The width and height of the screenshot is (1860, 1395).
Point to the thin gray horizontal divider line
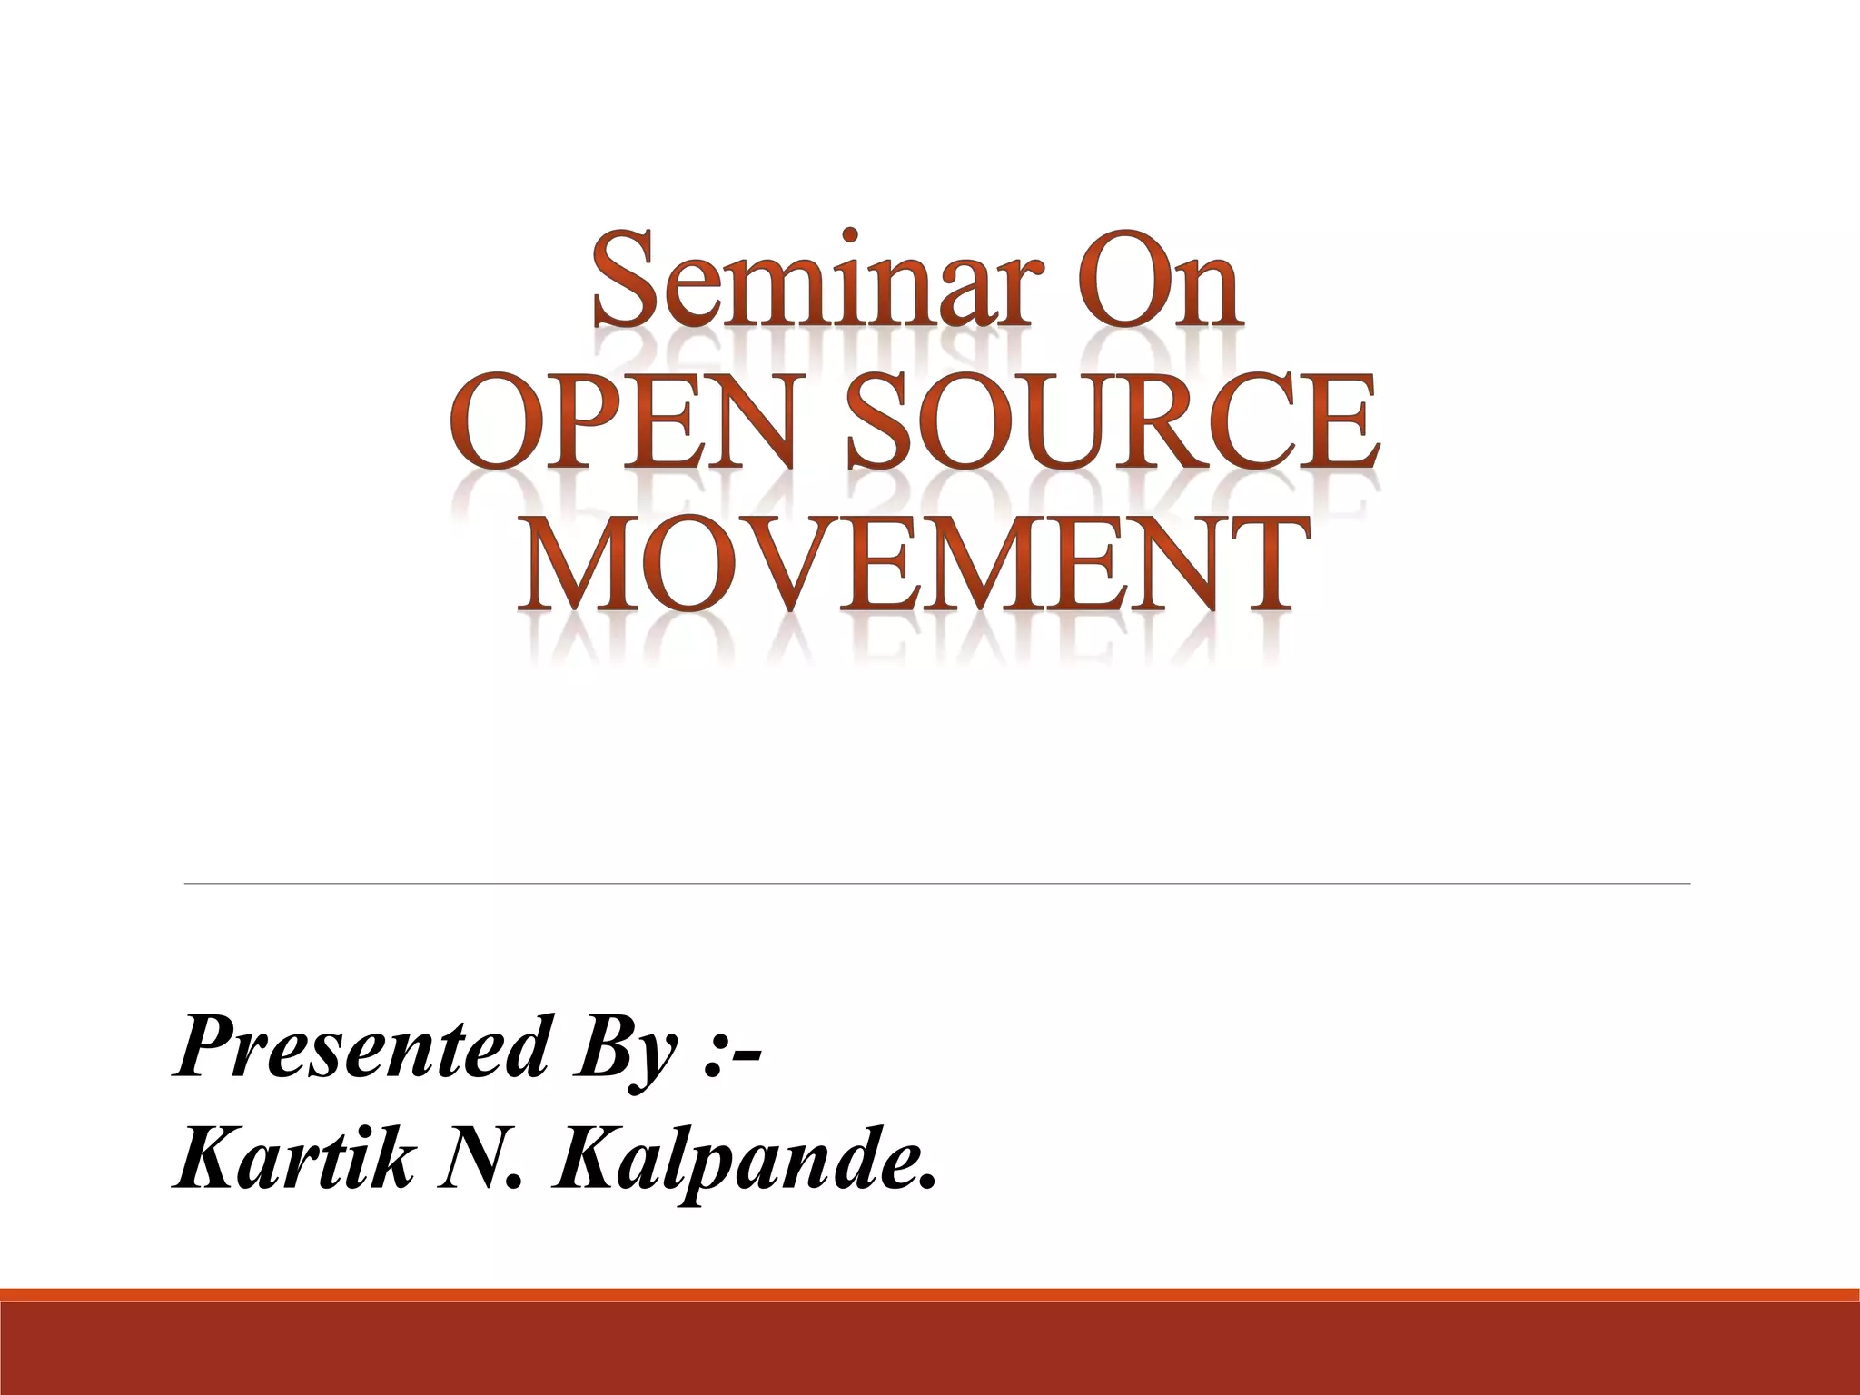click(x=936, y=883)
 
